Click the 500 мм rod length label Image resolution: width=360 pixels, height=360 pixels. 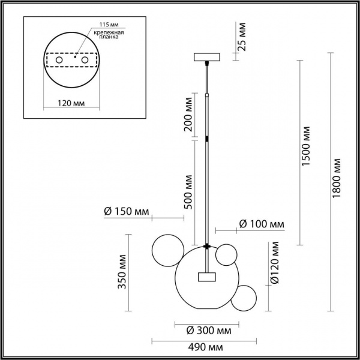188,191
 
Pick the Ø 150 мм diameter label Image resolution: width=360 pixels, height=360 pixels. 126,211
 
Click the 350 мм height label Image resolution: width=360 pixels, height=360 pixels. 122,275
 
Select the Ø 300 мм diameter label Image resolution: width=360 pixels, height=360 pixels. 206,330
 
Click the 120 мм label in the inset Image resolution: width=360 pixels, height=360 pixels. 73,103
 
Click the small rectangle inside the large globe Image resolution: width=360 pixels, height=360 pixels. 207,277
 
